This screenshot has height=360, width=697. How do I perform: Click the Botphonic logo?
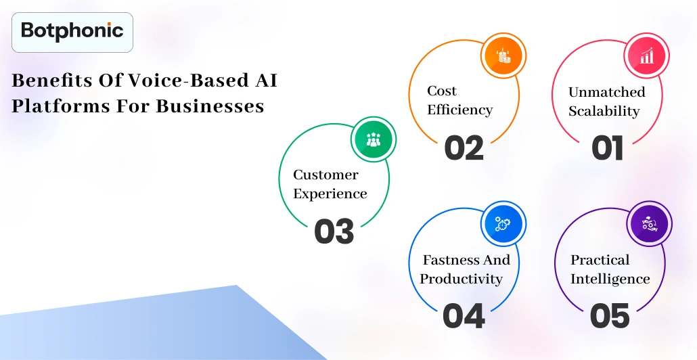[x=72, y=31]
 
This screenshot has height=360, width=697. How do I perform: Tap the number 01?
[x=607, y=148]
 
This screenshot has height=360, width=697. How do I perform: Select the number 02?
[x=464, y=148]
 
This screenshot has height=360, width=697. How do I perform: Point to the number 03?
[x=334, y=231]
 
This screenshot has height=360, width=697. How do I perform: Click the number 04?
[x=464, y=316]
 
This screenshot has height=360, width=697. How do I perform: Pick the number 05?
[x=610, y=316]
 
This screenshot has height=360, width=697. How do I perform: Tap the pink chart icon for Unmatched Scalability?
[x=646, y=55]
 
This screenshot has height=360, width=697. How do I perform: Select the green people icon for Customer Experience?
[x=374, y=140]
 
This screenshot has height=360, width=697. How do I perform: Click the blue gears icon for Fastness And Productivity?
[x=503, y=224]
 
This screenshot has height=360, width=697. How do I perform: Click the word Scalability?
[x=604, y=111]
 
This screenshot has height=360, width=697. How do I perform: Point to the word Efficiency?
[x=459, y=109]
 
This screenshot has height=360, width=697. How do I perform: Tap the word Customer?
[x=325, y=175]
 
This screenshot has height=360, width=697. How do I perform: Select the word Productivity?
[x=461, y=279]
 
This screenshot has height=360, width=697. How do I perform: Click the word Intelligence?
[x=610, y=279]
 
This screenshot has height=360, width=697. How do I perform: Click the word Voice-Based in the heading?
[x=170, y=81]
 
